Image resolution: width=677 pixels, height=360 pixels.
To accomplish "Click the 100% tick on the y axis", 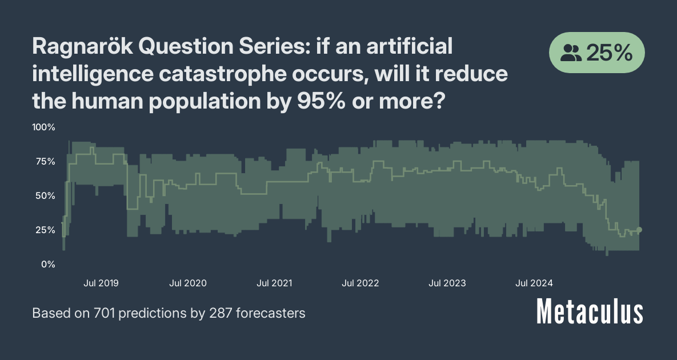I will pos(43,127).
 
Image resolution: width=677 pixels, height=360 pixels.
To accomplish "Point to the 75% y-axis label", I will pos(43,161).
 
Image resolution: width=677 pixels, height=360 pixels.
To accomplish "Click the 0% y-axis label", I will pos(47,264).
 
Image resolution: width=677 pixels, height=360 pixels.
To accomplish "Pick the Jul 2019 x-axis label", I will pos(101,283).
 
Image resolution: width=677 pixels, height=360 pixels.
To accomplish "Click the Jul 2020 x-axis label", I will pos(188,283).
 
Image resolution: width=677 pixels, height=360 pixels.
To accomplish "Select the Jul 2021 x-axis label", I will pos(275,283).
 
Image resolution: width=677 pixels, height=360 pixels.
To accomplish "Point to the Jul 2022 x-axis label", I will pos(360,283).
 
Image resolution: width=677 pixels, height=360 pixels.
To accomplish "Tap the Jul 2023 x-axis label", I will pos(447,283).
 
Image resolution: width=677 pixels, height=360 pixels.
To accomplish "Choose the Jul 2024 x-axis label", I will pos(534,283).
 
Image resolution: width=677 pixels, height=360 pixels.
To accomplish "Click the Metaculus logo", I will pos(590,313).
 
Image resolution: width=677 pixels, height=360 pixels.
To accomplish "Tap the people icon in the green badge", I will pos(571,53).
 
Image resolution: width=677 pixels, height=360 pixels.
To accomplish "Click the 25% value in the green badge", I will pos(609,53).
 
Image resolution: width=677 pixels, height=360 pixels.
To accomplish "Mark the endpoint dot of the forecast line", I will pos(639,230).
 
